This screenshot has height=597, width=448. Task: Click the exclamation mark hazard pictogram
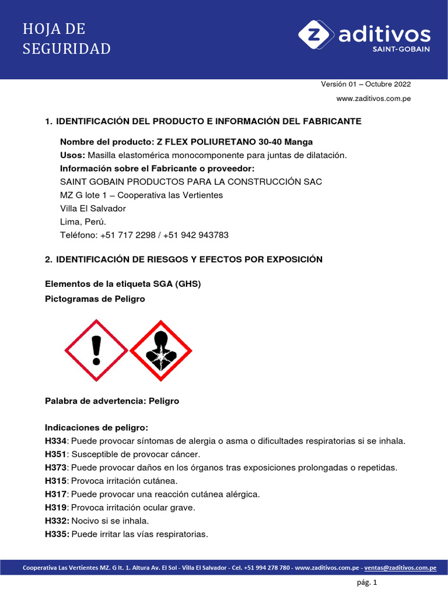96,350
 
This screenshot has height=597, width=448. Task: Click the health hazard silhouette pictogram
160,350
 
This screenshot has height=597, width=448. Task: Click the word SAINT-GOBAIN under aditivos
401,50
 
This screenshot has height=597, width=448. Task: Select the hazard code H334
57,441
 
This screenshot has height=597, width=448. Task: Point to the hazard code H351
57,454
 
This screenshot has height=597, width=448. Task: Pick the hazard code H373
57,468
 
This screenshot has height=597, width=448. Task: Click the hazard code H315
57,481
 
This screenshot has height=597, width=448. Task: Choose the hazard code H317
57,494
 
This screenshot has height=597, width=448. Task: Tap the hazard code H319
57,508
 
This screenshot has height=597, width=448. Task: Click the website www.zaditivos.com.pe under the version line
373,99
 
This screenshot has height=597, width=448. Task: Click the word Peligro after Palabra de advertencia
164,402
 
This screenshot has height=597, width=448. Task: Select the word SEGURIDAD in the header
66,49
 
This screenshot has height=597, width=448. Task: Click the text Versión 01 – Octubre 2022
366,84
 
